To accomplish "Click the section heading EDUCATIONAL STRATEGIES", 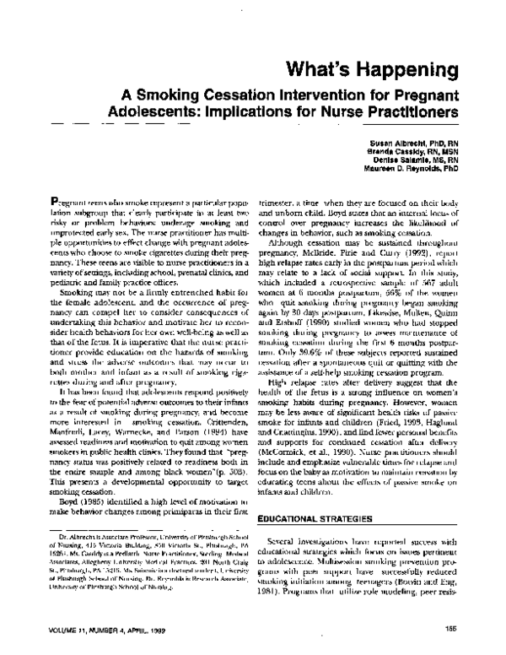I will tap(316, 490).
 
